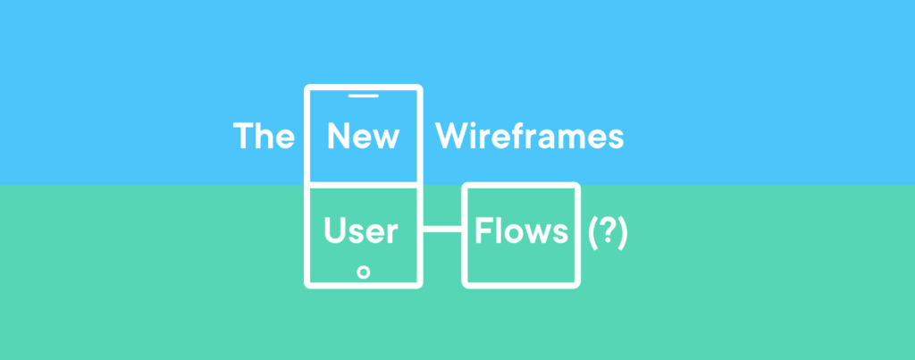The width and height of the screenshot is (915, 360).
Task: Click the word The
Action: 264,136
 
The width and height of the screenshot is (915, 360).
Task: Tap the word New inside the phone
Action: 363,136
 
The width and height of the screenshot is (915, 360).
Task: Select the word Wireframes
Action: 529,136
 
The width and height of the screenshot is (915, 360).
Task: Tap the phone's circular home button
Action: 363,272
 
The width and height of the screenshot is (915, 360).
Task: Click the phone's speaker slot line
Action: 363,96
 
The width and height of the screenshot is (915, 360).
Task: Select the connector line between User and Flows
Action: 442,229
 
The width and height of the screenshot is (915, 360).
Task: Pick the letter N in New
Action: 339,136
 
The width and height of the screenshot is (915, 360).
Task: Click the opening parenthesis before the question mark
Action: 592,233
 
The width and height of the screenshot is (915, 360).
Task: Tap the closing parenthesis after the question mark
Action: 623,233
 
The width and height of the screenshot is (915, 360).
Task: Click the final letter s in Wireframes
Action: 616,140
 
